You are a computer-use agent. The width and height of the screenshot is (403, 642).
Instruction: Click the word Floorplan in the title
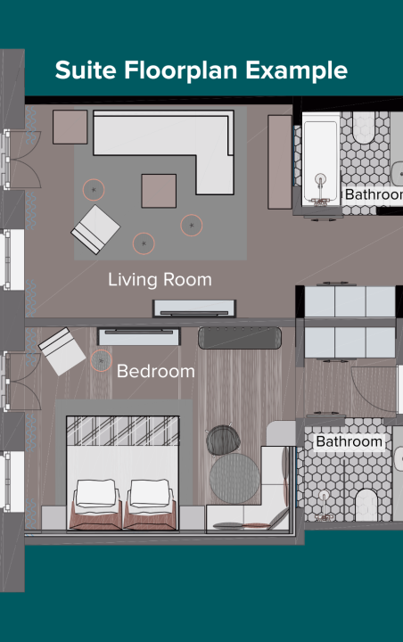(181, 70)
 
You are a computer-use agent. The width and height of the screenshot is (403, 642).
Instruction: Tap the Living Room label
(160, 280)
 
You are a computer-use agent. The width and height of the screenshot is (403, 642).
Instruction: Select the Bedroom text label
(156, 371)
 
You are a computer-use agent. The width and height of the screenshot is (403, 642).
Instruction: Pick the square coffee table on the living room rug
(159, 191)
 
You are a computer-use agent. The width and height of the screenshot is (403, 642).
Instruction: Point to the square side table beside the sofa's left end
(70, 127)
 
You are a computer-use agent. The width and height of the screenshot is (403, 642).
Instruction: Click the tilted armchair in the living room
(95, 229)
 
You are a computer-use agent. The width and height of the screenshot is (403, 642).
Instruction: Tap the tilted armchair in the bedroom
(62, 351)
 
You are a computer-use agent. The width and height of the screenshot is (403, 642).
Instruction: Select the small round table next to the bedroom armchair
(101, 361)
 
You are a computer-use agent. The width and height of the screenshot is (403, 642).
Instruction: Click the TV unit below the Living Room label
(194, 309)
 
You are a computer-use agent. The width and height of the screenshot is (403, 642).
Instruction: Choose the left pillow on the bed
(96, 494)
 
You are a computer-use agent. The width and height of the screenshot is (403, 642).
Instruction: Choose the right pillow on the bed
(150, 494)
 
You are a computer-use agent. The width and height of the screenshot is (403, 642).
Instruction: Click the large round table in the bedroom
(234, 478)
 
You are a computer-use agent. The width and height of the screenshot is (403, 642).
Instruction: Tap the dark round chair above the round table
(223, 440)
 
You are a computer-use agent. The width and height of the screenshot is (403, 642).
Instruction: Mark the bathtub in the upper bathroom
(321, 160)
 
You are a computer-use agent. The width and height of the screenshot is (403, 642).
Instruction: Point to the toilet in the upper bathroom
(364, 128)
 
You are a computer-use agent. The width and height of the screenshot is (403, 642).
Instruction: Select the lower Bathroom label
(350, 442)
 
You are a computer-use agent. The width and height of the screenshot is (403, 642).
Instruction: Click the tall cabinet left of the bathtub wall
(280, 162)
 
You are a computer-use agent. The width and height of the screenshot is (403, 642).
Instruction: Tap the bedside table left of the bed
(53, 518)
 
